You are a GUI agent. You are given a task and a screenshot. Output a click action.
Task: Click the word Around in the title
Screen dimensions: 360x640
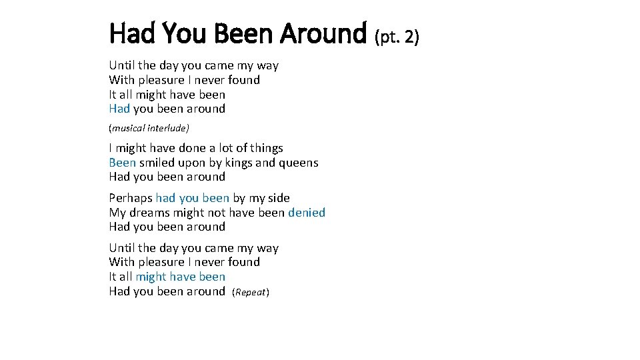(323, 32)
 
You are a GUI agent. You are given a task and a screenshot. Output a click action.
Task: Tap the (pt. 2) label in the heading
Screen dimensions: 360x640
(397, 37)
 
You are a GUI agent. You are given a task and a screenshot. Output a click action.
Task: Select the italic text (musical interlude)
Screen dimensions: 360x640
(149, 127)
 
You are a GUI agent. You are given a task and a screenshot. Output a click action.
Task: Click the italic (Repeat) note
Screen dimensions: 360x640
(251, 293)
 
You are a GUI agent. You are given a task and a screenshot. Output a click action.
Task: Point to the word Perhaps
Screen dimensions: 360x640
(131, 198)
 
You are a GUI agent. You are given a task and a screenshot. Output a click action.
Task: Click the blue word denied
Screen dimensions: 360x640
(307, 213)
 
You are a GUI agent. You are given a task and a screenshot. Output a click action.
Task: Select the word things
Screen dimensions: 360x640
(267, 148)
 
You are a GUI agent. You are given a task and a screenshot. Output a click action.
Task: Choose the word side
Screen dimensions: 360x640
(278, 198)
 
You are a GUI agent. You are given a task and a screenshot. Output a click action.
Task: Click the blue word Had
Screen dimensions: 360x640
(120, 109)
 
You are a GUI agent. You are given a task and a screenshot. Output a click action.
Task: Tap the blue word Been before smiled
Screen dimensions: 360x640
(122, 163)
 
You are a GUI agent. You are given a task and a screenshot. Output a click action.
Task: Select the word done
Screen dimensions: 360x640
(193, 148)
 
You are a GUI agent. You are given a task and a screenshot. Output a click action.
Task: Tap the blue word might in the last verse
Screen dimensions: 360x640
(150, 277)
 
